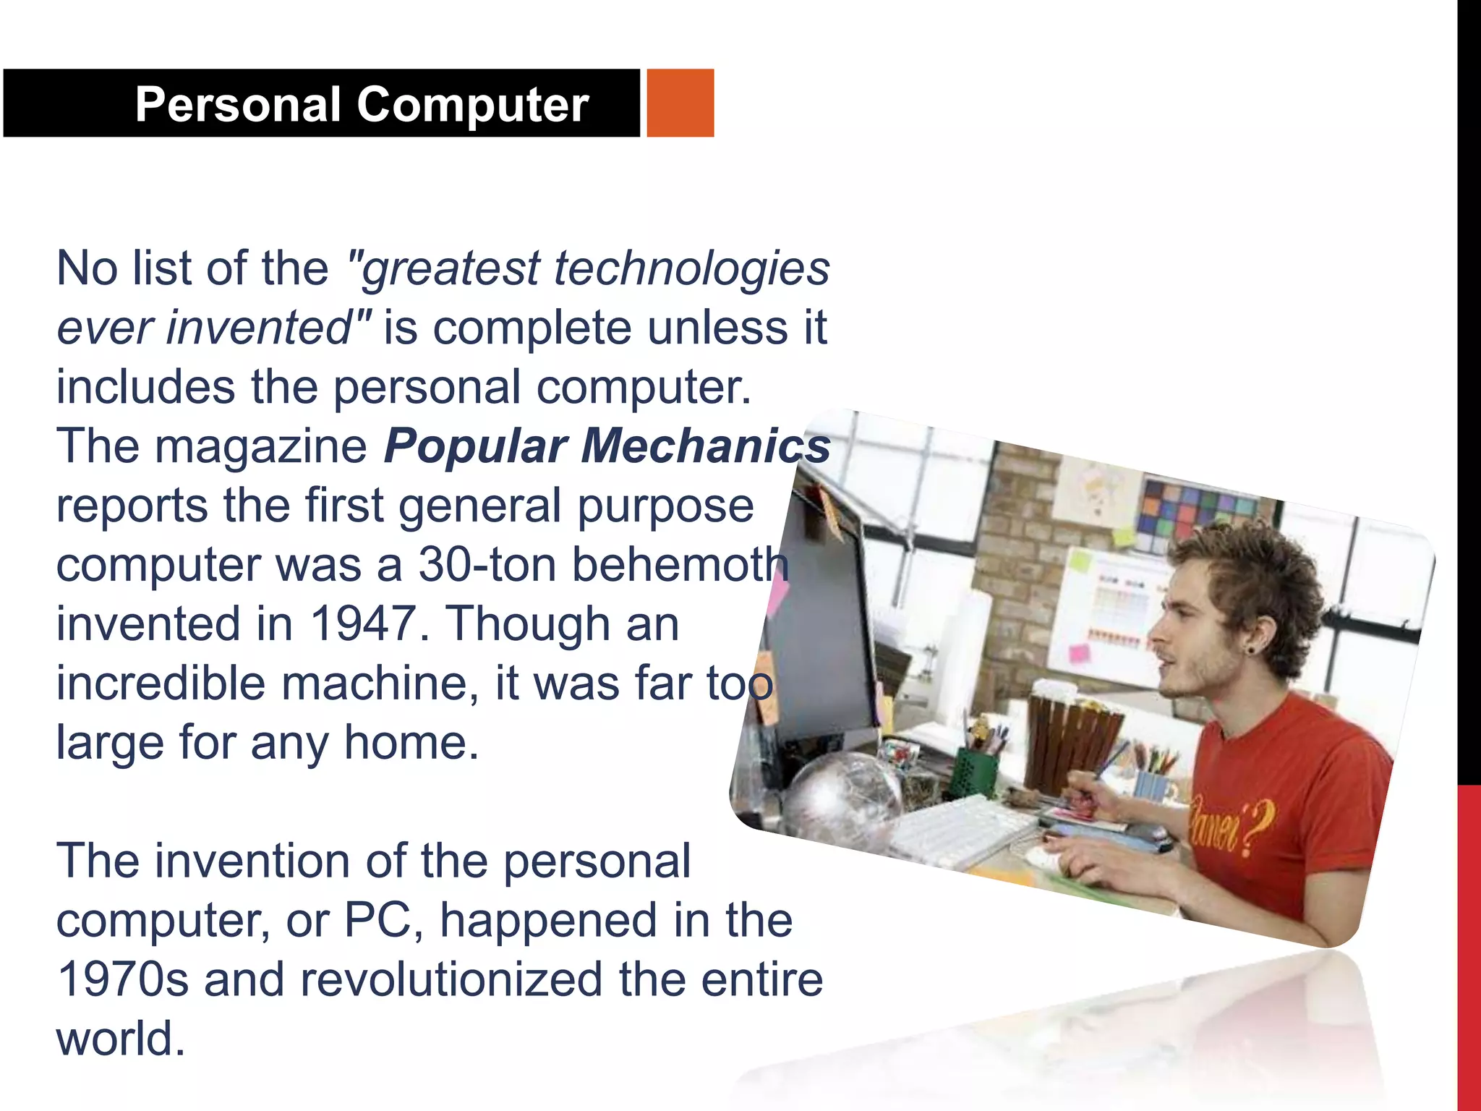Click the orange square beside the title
(x=680, y=103)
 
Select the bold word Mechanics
(x=706, y=446)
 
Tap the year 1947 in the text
(x=363, y=624)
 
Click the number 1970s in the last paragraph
(x=122, y=980)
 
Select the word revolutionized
(x=451, y=980)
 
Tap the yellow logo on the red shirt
(x=1229, y=825)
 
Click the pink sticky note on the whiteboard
(x=1079, y=654)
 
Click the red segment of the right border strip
(x=1469, y=940)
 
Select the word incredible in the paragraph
(x=161, y=684)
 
